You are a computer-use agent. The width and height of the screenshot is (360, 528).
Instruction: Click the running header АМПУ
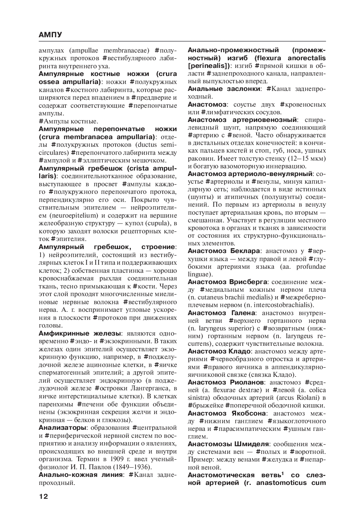[50, 35]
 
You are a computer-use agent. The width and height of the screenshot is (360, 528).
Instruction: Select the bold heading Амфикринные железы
[80, 333]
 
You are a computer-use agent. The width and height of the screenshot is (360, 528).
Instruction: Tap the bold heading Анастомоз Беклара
[224, 251]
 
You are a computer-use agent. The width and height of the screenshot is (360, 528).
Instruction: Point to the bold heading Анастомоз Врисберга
[228, 282]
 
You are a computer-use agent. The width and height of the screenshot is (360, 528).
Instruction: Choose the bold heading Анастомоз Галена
[221, 313]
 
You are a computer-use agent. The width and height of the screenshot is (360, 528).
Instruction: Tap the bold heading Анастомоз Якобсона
[227, 413]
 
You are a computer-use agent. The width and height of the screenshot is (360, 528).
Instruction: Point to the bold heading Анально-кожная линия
[80, 475]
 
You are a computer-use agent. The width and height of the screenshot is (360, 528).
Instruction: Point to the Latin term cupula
[158, 223]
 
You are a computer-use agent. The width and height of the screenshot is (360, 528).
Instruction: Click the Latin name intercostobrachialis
[287, 305]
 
